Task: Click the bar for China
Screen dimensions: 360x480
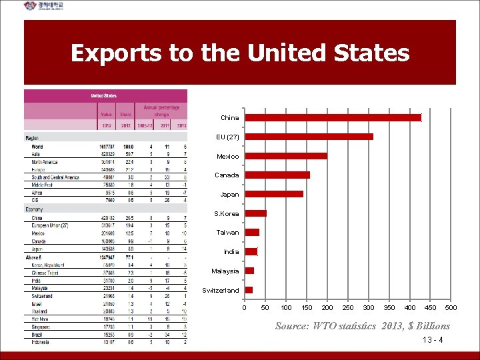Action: click(x=333, y=118)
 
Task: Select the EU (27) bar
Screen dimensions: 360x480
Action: click(x=309, y=137)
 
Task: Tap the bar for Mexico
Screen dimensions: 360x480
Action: click(x=286, y=156)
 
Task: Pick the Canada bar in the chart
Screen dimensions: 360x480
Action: click(x=277, y=175)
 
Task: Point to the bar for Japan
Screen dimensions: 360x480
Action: click(x=274, y=194)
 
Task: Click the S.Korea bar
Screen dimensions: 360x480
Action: click(x=256, y=213)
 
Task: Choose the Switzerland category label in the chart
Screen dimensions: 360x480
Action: click(x=221, y=291)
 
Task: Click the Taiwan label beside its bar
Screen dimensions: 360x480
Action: click(x=227, y=233)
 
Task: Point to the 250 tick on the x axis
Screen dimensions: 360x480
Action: click(x=348, y=307)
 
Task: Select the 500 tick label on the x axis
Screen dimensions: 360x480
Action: click(x=451, y=307)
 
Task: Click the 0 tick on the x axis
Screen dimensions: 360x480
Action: click(x=244, y=307)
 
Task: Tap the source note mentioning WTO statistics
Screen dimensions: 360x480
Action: click(x=363, y=326)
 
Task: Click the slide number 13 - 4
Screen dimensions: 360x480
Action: click(x=433, y=340)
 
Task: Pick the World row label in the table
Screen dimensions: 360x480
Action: click(x=37, y=147)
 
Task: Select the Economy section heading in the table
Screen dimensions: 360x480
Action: click(x=35, y=209)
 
